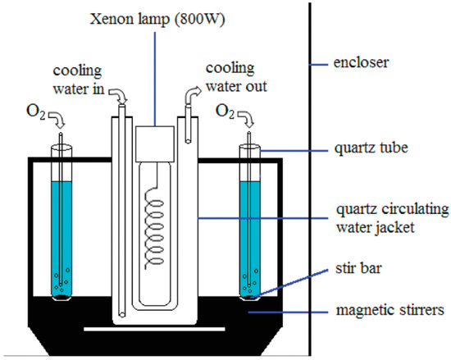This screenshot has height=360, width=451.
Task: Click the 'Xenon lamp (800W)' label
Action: [x=157, y=20]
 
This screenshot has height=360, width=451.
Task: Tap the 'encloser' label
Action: [x=361, y=62]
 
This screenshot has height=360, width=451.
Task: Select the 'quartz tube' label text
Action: [x=371, y=148]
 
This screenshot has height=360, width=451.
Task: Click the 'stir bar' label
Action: [x=358, y=268]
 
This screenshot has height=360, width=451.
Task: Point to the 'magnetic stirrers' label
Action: [x=390, y=310]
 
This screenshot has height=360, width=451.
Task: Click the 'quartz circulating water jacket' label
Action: [x=392, y=218]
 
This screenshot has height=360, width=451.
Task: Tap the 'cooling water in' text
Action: [x=78, y=80]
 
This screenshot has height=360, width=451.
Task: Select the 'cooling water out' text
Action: [x=236, y=78]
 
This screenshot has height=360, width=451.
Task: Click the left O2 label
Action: [x=36, y=112]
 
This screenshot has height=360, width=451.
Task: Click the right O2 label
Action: [x=225, y=112]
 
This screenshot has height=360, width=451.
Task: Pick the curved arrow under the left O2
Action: [x=57, y=118]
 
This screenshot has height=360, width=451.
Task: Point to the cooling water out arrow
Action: [x=191, y=93]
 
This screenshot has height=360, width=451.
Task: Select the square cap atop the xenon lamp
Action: [x=155, y=144]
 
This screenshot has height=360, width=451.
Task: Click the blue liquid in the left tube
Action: [x=61, y=239]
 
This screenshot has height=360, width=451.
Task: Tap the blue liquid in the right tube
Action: [x=250, y=239]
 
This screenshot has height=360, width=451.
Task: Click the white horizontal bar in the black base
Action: [x=154, y=329]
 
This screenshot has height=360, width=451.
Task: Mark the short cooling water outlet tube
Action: [x=188, y=124]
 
